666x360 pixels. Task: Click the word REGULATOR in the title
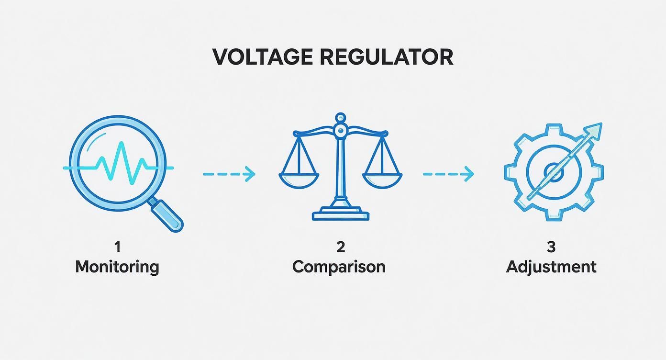click(x=386, y=57)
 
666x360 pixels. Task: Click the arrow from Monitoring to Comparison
click(x=229, y=174)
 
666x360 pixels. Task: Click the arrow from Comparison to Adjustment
click(x=448, y=174)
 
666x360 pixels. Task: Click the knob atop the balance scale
click(x=340, y=117)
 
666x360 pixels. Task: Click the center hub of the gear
click(x=554, y=171)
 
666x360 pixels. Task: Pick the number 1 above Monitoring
click(x=117, y=247)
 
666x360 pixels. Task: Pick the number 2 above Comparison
click(x=340, y=247)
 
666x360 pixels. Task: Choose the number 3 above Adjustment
click(x=551, y=247)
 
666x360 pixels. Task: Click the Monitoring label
click(x=117, y=267)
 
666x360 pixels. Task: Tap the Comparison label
click(x=339, y=267)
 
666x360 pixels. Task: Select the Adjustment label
click(x=551, y=267)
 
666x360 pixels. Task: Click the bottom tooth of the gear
click(x=554, y=215)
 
